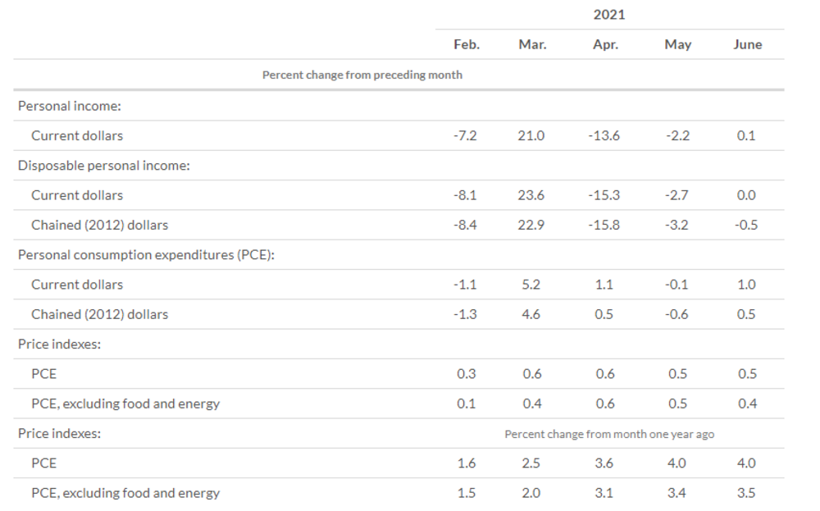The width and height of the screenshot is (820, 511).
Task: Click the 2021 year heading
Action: point(609,15)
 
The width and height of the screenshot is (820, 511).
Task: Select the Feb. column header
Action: point(467,44)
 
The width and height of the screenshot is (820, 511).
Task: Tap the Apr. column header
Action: point(606,45)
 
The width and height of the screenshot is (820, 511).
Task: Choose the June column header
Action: point(747,44)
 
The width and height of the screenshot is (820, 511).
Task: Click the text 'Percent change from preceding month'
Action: point(362,75)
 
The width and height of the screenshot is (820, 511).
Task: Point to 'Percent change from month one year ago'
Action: point(609,434)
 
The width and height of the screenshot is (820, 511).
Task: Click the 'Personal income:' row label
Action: point(70,106)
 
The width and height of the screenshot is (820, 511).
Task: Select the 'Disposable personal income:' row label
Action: point(104,166)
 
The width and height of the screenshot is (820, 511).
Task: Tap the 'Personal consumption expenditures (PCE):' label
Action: point(147,255)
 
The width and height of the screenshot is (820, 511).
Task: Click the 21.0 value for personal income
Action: point(531,135)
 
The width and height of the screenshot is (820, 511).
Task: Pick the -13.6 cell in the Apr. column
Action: point(604,135)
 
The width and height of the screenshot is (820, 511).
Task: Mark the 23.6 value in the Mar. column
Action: point(531,195)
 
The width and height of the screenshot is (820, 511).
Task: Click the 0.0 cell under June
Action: point(746,195)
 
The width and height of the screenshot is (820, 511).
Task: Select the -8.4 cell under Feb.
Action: point(465,225)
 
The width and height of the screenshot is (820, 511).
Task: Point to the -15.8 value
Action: point(604,225)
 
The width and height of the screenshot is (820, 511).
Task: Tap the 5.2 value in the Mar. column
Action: point(531,285)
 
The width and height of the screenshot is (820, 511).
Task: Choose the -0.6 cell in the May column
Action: point(676,314)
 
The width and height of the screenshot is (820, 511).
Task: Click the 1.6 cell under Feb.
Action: point(467,463)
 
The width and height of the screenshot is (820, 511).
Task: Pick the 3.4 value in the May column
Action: point(676,493)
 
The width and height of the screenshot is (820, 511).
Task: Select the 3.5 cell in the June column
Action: point(746,493)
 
